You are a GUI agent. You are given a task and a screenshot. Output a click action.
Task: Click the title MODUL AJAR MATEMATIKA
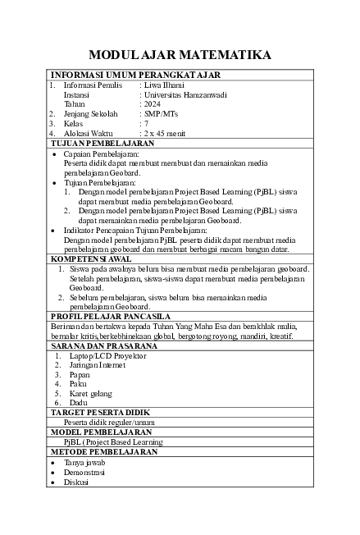(180, 55)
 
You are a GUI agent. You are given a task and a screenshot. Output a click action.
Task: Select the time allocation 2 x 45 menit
(165, 132)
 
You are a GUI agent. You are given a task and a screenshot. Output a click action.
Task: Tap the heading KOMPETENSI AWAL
(92, 258)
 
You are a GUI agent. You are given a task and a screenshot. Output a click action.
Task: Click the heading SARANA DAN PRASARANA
(103, 346)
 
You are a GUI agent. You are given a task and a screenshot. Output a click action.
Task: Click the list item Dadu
(79, 403)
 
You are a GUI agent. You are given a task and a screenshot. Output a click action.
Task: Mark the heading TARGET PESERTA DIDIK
(102, 412)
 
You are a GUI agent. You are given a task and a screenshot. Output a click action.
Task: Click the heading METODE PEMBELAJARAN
(104, 451)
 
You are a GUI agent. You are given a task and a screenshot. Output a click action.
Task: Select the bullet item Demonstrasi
(89, 473)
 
